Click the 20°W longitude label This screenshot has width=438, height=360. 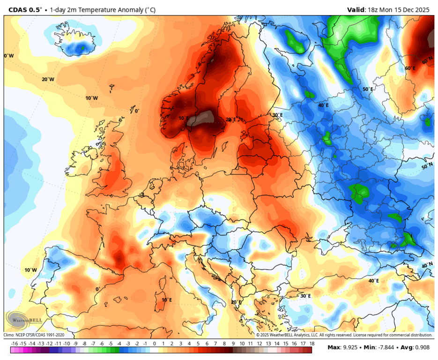(48, 79)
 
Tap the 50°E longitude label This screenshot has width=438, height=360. (368, 89)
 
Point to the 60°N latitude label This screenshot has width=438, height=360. (427, 62)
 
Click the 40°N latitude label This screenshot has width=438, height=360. (427, 265)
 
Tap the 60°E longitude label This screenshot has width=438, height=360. (410, 68)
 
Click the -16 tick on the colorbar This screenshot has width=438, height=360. (15, 344)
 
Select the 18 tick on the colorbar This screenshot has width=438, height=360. (312, 344)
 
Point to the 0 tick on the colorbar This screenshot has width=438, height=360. (155, 344)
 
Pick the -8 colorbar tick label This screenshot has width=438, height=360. (85, 344)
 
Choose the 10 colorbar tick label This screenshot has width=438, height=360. (242, 344)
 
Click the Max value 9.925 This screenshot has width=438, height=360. (349, 347)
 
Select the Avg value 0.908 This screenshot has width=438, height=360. (420, 347)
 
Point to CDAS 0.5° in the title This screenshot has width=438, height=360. (23, 9)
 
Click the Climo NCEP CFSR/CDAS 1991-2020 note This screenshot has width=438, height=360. (35, 335)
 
